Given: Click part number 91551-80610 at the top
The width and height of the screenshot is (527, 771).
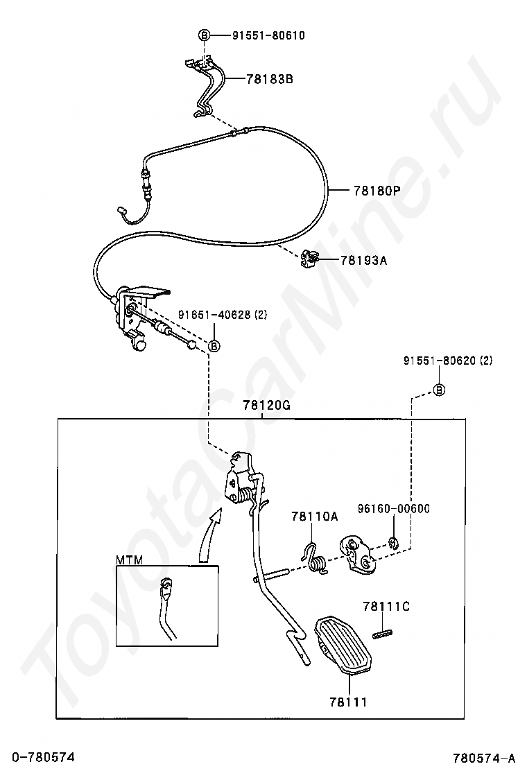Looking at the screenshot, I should [x=259, y=35].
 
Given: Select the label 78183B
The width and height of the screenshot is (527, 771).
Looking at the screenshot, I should [x=270, y=79].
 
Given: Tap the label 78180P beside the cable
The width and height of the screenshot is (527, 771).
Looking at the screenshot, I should [x=377, y=190].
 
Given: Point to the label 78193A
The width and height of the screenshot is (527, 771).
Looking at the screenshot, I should [x=364, y=261].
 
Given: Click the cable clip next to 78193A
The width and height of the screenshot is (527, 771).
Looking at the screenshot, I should [x=309, y=260].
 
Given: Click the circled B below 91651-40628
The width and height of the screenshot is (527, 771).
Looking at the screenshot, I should [x=214, y=346].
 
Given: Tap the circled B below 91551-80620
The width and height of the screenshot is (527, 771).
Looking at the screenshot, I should [x=439, y=390].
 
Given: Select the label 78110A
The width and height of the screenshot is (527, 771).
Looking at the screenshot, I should [x=314, y=516].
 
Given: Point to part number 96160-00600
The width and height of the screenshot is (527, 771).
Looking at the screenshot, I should [x=394, y=508].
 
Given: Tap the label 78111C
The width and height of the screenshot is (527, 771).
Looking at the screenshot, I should [x=386, y=607].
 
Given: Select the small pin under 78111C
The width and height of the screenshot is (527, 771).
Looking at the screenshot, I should [x=383, y=632].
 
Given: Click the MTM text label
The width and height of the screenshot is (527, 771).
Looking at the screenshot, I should [x=128, y=560].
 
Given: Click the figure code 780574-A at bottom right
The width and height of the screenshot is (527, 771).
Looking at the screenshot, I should [x=485, y=756].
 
